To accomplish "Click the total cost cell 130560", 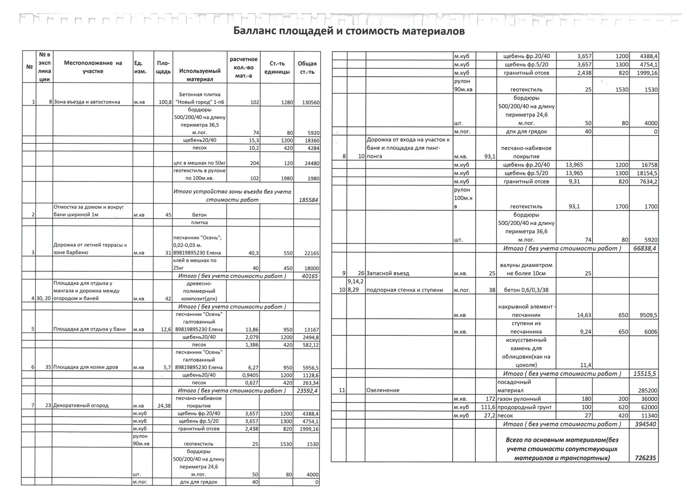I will (x=308, y=102).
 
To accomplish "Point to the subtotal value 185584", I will (x=309, y=200).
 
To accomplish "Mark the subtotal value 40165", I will (x=309, y=276).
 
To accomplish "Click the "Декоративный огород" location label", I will (x=80, y=405).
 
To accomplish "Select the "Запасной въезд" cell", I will (x=388, y=274).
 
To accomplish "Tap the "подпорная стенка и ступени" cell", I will (x=405, y=290).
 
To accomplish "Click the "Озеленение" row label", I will (x=383, y=390).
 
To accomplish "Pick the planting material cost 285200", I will (x=646, y=390).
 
